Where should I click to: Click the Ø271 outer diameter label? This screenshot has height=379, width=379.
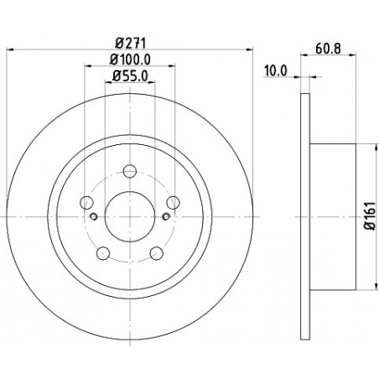point(131,44)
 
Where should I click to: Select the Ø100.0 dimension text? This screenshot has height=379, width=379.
point(130,60)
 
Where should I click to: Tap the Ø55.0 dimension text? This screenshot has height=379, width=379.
point(130,76)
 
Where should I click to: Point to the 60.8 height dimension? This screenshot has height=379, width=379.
point(328,49)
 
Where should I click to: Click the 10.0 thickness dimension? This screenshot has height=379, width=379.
point(276,70)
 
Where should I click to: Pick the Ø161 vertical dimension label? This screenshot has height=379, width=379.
point(371,216)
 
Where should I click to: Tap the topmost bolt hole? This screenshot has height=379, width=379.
point(130,171)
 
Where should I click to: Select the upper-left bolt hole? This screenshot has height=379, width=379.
point(86,202)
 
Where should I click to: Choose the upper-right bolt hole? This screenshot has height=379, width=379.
point(174,202)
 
